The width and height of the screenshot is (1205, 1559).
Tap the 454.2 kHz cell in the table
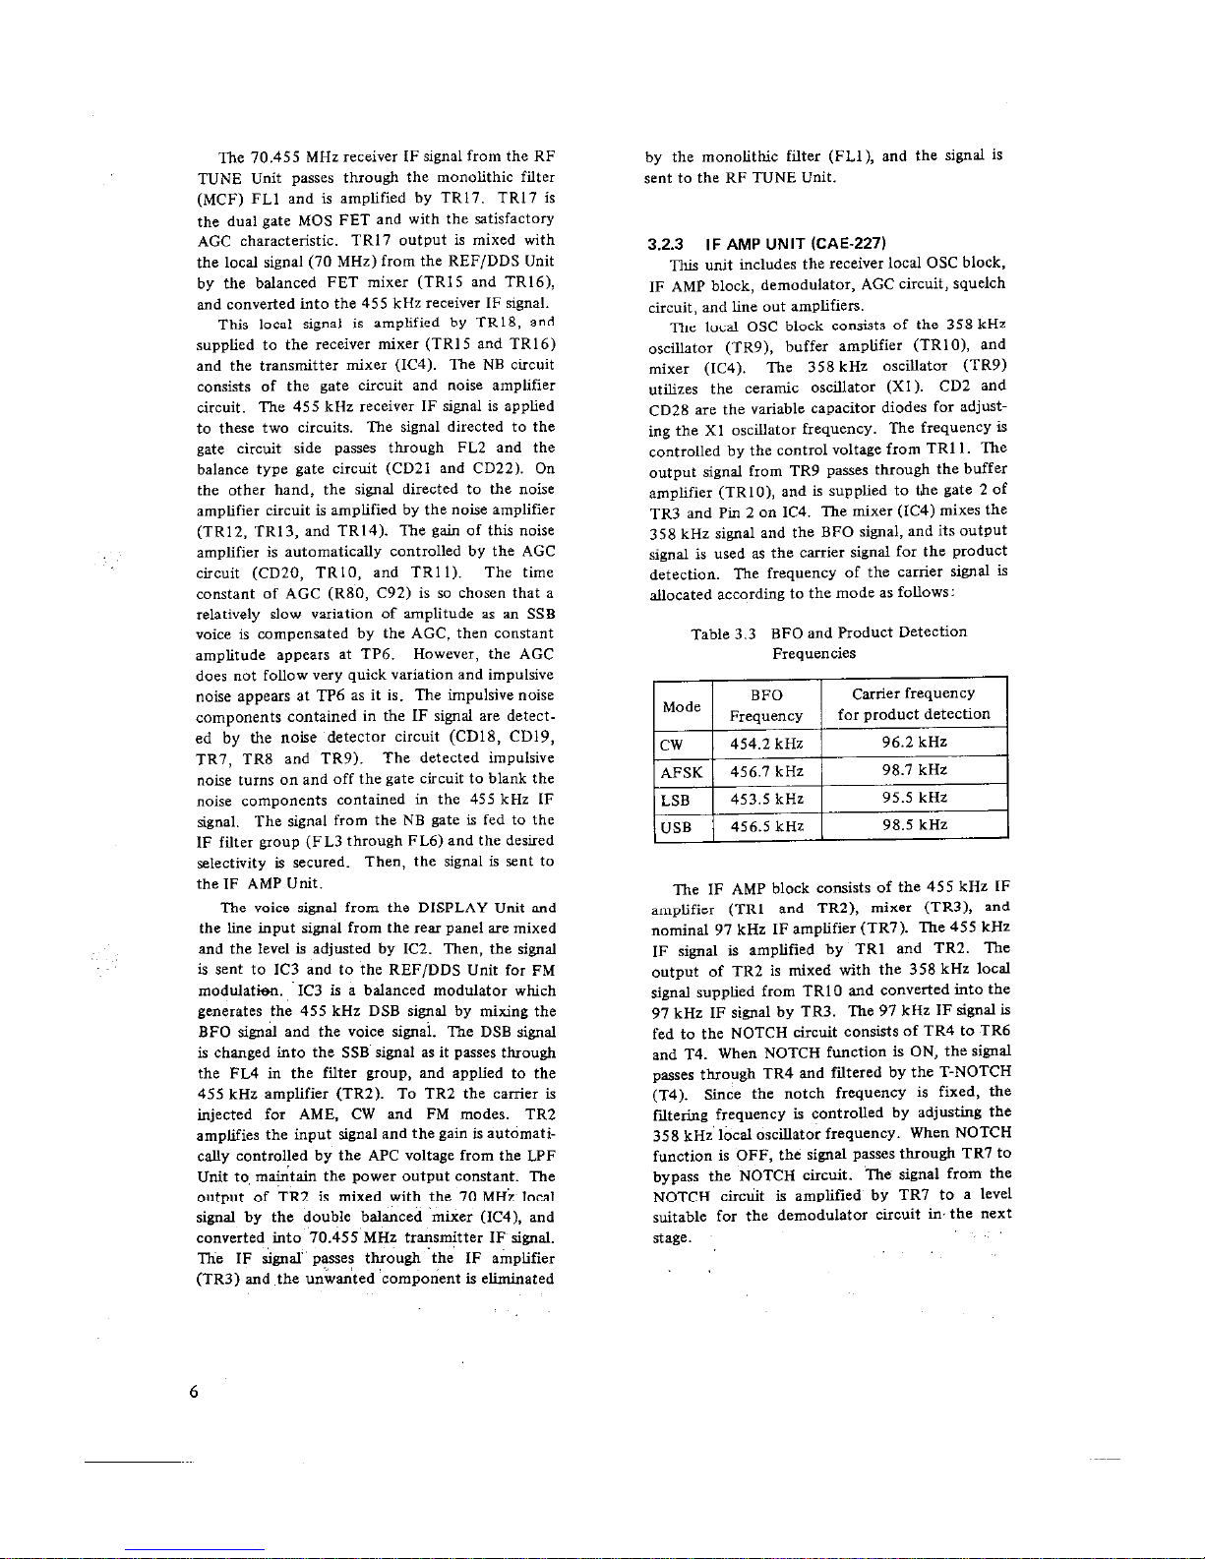(766, 743)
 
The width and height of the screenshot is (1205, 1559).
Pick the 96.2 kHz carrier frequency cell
(914, 743)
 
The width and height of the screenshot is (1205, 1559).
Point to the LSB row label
(677, 798)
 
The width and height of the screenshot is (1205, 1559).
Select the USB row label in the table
(677, 826)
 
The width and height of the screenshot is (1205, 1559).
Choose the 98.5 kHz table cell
(914, 825)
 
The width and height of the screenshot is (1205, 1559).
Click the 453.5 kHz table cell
(766, 798)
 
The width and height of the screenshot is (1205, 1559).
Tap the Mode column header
(682, 706)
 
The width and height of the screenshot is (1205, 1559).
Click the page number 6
(195, 1391)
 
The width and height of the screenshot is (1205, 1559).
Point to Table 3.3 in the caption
(723, 632)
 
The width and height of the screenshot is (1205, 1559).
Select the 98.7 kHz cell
(914, 770)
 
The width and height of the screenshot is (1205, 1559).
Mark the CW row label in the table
(672, 743)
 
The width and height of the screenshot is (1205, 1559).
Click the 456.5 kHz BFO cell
(766, 826)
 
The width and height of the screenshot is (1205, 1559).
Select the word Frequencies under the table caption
(813, 653)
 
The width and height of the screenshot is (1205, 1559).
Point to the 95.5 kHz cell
(914, 798)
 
